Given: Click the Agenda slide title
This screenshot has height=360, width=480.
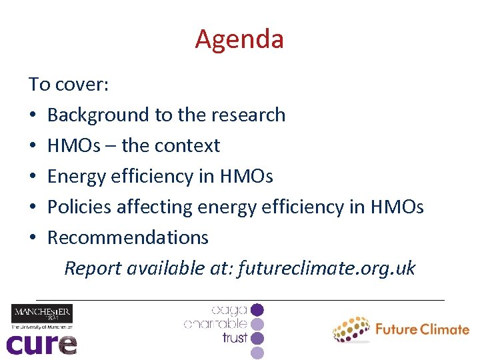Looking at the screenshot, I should [239, 39].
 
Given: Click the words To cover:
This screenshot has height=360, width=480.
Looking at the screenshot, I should [69, 85].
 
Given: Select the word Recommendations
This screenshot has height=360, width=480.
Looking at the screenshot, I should [128, 238].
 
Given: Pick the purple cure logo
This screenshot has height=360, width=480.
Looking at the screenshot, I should [41, 343].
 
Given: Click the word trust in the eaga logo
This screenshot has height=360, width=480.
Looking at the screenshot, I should [235, 338].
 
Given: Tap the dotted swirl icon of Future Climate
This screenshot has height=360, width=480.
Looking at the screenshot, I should [351, 329].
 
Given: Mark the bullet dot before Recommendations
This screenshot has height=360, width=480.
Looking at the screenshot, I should [33, 239].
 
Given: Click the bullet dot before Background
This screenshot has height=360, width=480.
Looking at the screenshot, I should [33, 116].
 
